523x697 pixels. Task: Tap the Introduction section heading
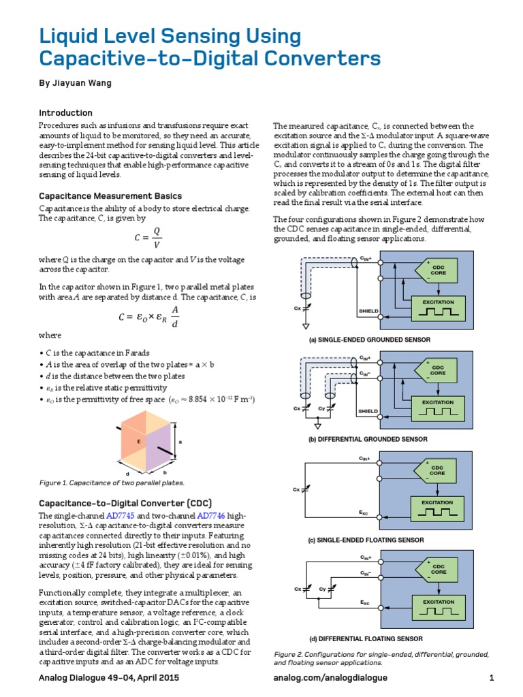coord(65,113)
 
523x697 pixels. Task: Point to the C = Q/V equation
coord(148,239)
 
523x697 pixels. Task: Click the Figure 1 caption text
coord(112,483)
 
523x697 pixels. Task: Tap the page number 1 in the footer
coord(491,678)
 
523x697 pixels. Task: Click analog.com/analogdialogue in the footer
coord(330,678)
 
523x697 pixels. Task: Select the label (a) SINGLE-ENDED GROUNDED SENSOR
coord(370,339)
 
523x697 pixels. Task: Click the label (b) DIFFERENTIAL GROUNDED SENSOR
coord(368,440)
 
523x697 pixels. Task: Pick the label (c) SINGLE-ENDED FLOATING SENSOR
coord(366,540)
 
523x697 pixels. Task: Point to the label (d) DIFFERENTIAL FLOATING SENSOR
coord(366,639)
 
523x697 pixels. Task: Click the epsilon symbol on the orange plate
coord(138,440)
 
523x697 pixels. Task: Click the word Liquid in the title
coord(69,35)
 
